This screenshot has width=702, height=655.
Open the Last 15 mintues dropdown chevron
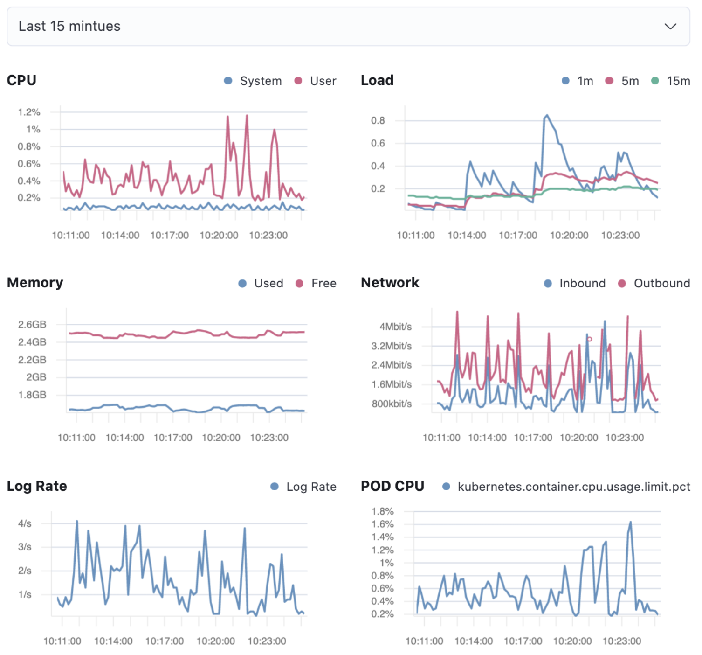pyautogui.click(x=670, y=27)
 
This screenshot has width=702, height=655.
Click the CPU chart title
pyautogui.click(x=21, y=80)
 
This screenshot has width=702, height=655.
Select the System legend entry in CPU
pyautogui.click(x=260, y=81)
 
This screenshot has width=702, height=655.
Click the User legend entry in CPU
pyautogui.click(x=323, y=81)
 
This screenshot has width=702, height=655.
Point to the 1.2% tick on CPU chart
pyautogui.click(x=29, y=112)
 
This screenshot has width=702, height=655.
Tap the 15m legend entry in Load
pyautogui.click(x=678, y=81)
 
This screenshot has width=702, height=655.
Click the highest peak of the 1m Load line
pyautogui.click(x=547, y=115)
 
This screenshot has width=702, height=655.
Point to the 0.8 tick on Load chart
pyautogui.click(x=378, y=120)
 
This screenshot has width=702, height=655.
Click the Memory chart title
pyautogui.click(x=35, y=283)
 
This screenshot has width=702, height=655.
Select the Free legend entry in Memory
pyautogui.click(x=323, y=283)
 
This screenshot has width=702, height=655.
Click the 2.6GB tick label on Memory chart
pyautogui.click(x=32, y=324)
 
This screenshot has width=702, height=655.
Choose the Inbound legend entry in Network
pyautogui.click(x=582, y=283)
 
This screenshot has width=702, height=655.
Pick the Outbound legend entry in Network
pyautogui.click(x=661, y=283)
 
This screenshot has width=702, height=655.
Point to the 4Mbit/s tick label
pyautogui.click(x=395, y=327)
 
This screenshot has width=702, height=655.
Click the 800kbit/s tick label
pyautogui.click(x=392, y=404)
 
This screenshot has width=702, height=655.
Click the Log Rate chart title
pyautogui.click(x=37, y=486)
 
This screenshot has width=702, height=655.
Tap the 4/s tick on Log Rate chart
pyautogui.click(x=25, y=523)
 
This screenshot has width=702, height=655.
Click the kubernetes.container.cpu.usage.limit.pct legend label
pyautogui.click(x=573, y=487)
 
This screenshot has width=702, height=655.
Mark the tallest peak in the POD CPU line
pyautogui.click(x=630, y=522)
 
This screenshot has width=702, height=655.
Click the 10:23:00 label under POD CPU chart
pyautogui.click(x=621, y=641)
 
